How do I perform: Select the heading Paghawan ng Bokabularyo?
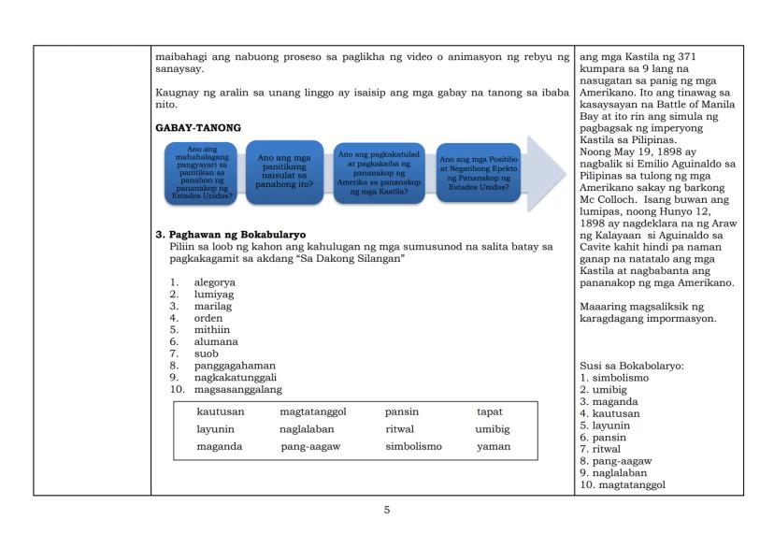(x=235, y=234)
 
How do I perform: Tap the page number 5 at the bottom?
(x=386, y=510)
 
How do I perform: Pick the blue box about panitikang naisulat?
(x=284, y=172)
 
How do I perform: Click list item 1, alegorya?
(x=214, y=281)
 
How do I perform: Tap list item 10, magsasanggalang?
(x=237, y=389)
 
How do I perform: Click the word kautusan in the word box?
(x=220, y=411)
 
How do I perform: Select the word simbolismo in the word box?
(x=413, y=447)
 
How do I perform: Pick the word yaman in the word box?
(x=494, y=447)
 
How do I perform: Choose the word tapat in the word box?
(x=490, y=411)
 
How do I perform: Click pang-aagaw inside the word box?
(x=310, y=447)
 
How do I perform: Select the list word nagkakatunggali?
(x=229, y=377)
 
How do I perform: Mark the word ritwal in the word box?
(x=400, y=429)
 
